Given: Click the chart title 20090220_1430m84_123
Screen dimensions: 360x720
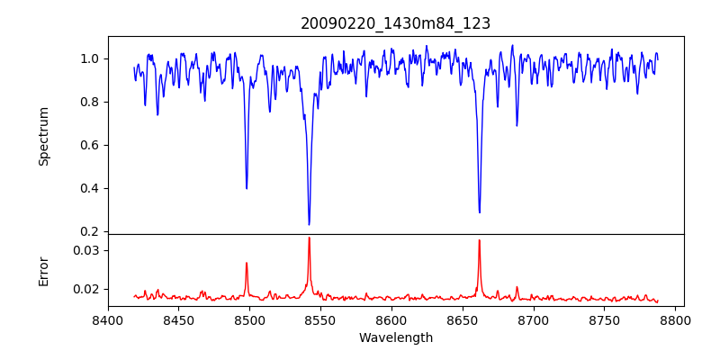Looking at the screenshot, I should (395, 23).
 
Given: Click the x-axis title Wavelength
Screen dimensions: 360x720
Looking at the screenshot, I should (395, 337).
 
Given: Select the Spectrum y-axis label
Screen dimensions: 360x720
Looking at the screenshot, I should (43, 136).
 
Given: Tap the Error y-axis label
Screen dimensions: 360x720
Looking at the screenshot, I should (43, 271).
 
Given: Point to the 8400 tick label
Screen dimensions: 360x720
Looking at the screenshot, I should (108, 319).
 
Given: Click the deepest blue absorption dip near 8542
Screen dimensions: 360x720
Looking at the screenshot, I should (309, 224).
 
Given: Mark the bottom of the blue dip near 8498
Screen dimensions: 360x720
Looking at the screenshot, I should (247, 188).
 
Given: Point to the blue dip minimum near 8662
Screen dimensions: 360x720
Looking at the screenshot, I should (479, 212).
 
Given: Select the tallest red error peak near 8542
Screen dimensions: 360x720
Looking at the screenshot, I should (309, 238).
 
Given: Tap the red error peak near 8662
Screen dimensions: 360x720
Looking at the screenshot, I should (479, 240).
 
